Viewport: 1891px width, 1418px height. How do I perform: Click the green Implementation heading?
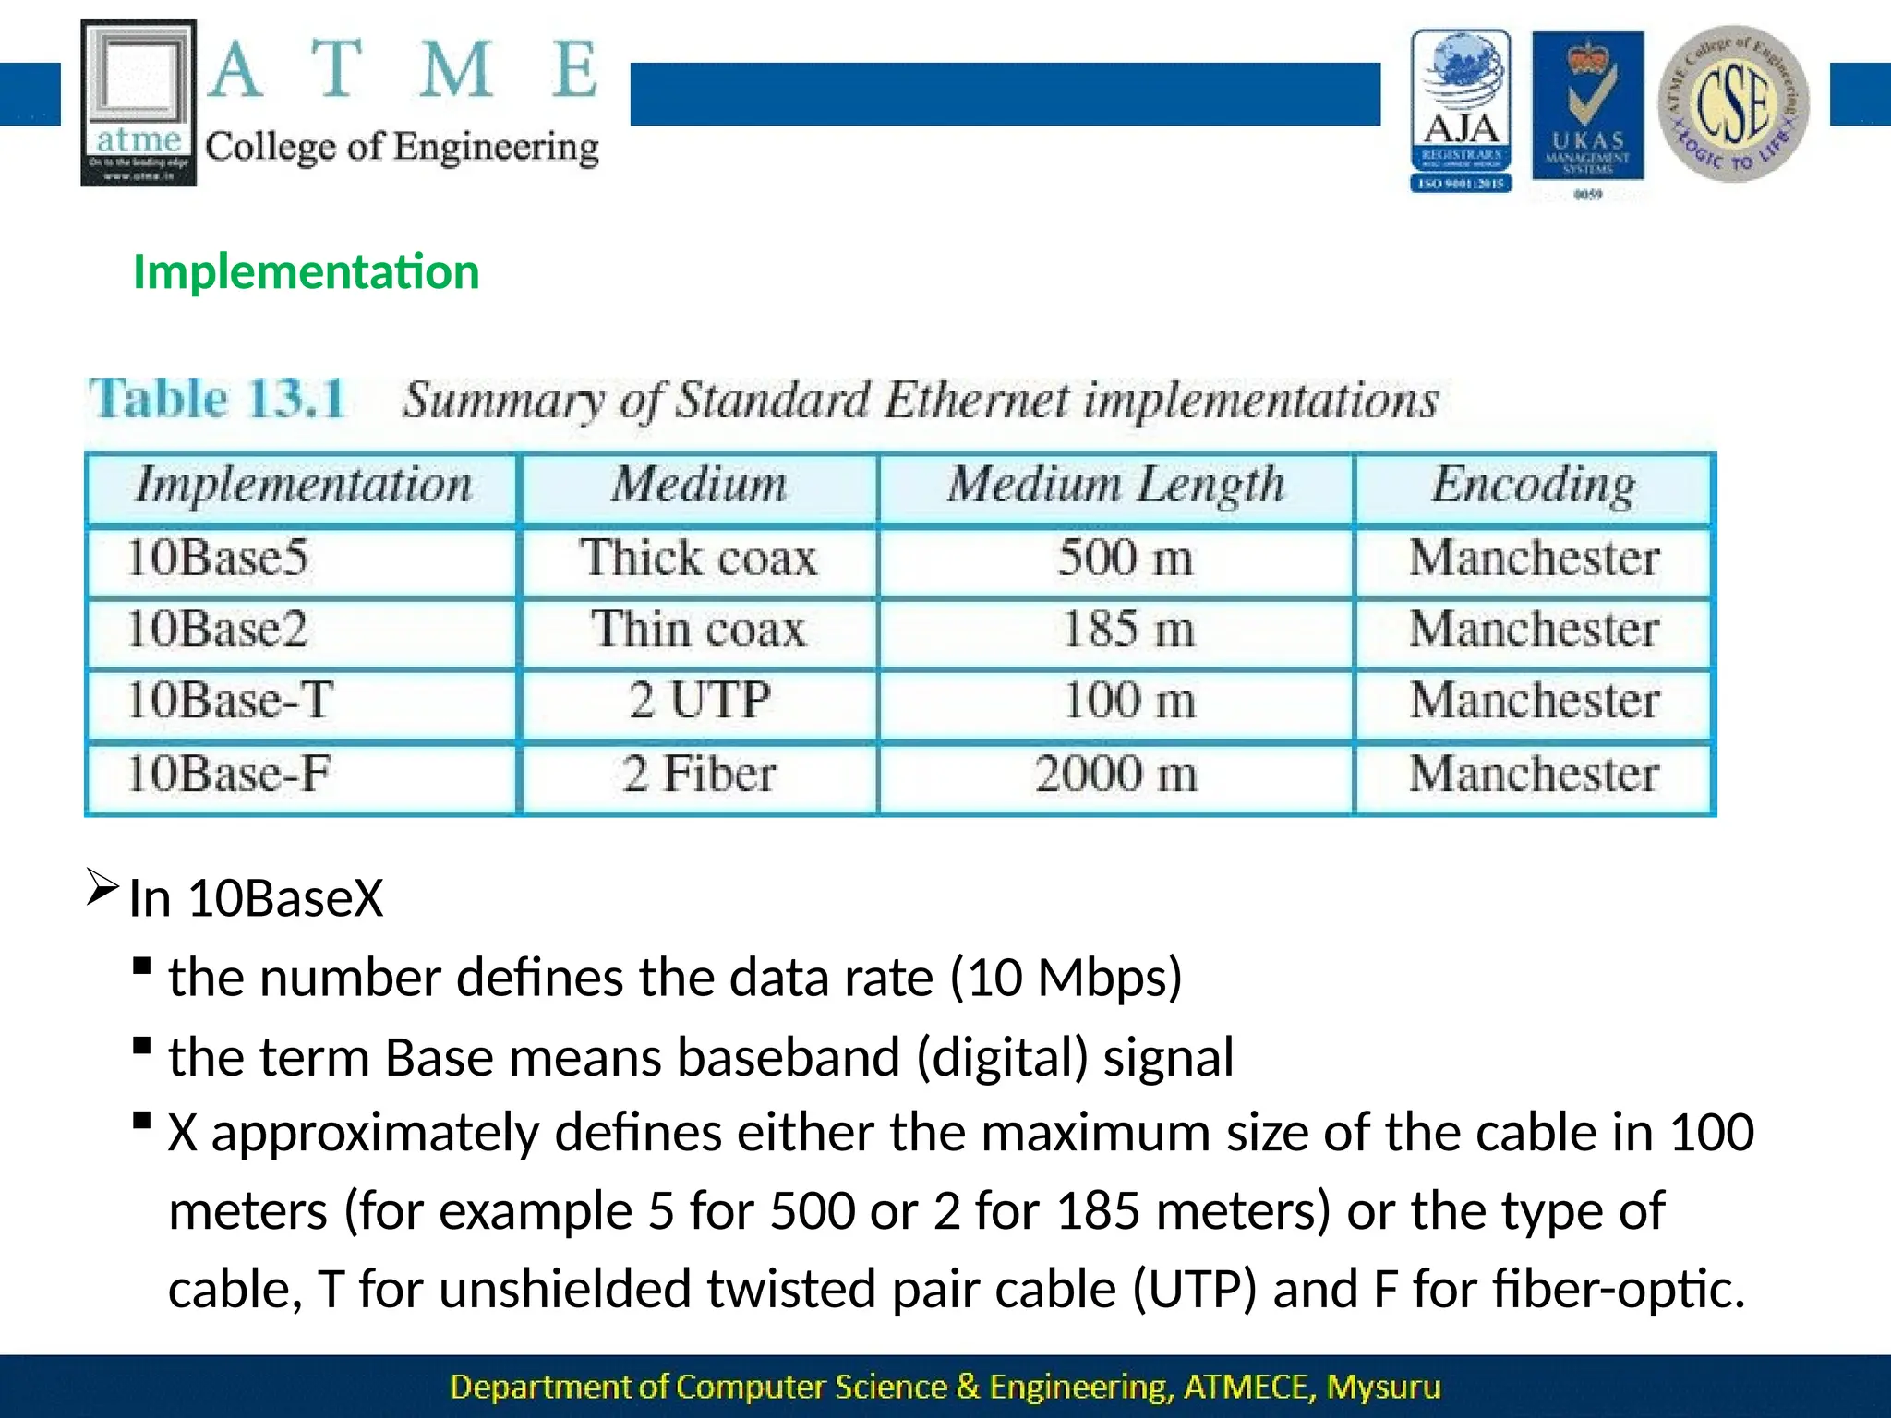click(306, 272)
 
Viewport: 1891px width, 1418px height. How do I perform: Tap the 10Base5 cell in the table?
click(218, 559)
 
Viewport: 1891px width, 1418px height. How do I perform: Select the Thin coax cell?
click(698, 630)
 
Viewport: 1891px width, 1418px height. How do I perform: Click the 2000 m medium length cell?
click(1115, 774)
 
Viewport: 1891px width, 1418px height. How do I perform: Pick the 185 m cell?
click(1127, 630)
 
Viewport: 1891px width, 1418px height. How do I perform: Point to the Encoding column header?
click(1533, 486)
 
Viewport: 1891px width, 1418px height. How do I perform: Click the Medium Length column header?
click(1115, 486)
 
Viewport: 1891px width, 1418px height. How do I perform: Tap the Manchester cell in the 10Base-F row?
click(1534, 774)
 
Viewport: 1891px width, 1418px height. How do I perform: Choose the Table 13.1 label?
click(217, 399)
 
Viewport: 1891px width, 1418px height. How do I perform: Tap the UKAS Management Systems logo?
click(1587, 106)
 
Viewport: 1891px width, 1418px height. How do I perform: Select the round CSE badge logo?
click(1733, 103)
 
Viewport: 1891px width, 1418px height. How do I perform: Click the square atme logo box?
click(139, 102)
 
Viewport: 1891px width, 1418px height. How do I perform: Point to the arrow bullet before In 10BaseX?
click(102, 887)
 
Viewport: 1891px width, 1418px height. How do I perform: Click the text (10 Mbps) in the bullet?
click(1066, 978)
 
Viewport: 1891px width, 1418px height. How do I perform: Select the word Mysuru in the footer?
click(1382, 1387)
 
